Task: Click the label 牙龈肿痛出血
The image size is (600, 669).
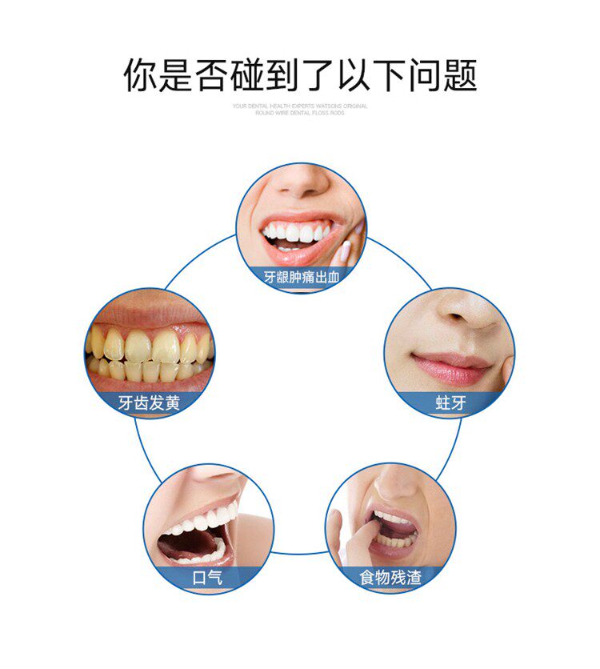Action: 301,278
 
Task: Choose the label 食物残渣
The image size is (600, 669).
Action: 390,577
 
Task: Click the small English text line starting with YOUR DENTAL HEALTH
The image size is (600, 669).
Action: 300,106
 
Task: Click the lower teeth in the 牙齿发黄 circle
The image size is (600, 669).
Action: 149,371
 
